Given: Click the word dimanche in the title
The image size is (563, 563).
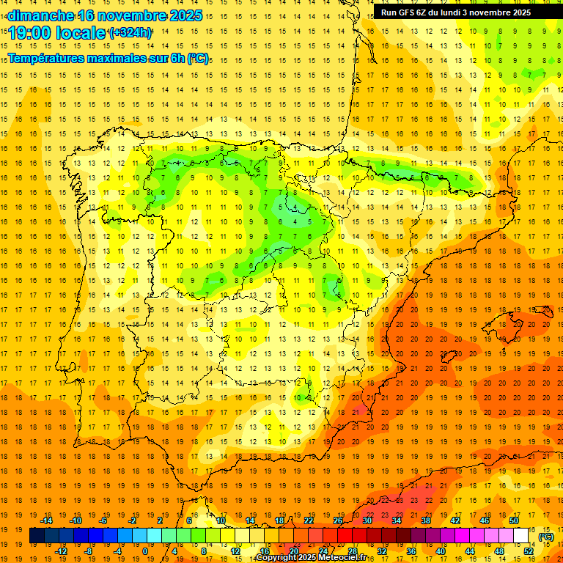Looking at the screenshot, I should tap(40, 15).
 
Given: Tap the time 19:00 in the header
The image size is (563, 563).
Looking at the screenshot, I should tap(30, 33).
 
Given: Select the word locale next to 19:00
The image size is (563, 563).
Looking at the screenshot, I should tap(81, 33).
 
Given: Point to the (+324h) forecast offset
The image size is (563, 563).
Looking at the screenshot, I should tap(130, 33).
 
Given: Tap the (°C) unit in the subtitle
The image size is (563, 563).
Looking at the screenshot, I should tap(197, 58).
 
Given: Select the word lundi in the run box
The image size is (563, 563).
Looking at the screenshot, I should tap(452, 12).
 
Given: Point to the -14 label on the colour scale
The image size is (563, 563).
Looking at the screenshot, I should tap(47, 520).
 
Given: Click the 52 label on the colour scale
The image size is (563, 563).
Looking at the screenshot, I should tap(529, 551).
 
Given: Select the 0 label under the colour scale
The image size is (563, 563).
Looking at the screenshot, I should tap(145, 551).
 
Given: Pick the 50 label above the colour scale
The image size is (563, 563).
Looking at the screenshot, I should tap(514, 520).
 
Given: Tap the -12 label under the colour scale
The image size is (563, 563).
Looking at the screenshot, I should tap(61, 551).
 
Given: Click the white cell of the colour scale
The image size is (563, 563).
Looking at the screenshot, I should tap(520, 536).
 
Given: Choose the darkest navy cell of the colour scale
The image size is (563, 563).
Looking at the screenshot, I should tap(37, 536).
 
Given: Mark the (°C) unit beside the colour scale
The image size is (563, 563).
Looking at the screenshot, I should tap(546, 536).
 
